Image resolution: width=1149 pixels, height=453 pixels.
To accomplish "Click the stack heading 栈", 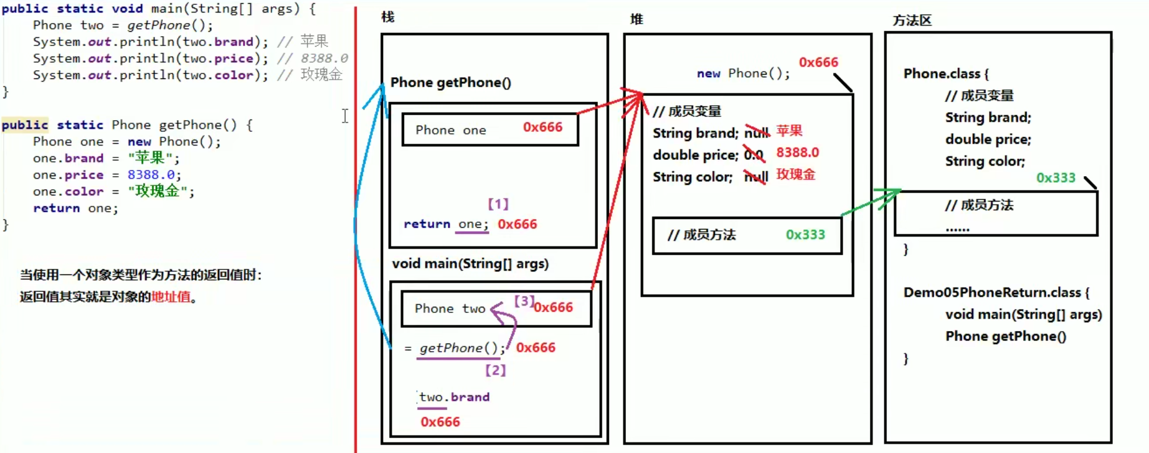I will click(388, 17).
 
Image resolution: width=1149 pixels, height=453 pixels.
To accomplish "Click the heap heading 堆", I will click(636, 19).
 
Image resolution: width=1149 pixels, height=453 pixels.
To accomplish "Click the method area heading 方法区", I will click(912, 21).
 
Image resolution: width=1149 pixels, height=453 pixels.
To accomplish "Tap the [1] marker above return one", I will click(498, 204).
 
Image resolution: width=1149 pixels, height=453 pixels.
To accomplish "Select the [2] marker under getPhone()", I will click(495, 370).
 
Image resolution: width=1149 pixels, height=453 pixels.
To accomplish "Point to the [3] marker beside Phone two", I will click(524, 301).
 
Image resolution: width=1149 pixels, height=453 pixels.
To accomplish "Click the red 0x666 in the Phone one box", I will click(542, 127).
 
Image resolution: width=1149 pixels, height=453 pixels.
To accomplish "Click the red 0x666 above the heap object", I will click(818, 62).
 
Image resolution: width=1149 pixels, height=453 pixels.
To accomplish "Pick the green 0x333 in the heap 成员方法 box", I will click(805, 235).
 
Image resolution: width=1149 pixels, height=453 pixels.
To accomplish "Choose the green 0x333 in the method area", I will click(1056, 178).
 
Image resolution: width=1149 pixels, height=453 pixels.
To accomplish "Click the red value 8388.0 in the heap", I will click(797, 152).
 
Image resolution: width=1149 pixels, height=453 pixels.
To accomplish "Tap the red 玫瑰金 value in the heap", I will click(795, 174).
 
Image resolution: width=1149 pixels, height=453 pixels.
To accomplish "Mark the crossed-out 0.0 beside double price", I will click(754, 155).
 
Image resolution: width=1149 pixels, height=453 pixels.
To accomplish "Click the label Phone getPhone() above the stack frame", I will click(450, 83).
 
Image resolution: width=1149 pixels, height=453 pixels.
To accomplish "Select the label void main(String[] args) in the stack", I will click(470, 264).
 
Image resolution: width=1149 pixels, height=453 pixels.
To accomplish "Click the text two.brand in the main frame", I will click(454, 397).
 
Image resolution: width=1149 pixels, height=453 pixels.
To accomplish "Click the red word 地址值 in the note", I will click(171, 297).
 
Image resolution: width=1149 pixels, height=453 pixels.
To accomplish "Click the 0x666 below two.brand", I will click(440, 422).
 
